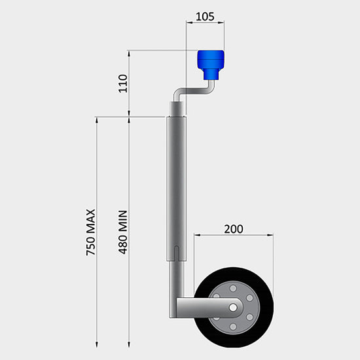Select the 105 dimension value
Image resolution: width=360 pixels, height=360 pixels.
[205, 16]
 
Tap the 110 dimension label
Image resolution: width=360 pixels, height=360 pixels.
[122, 84]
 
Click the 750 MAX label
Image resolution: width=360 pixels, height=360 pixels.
[91, 232]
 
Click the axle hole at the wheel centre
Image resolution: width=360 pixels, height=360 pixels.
[233, 306]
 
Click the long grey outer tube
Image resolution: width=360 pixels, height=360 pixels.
[177, 183]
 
